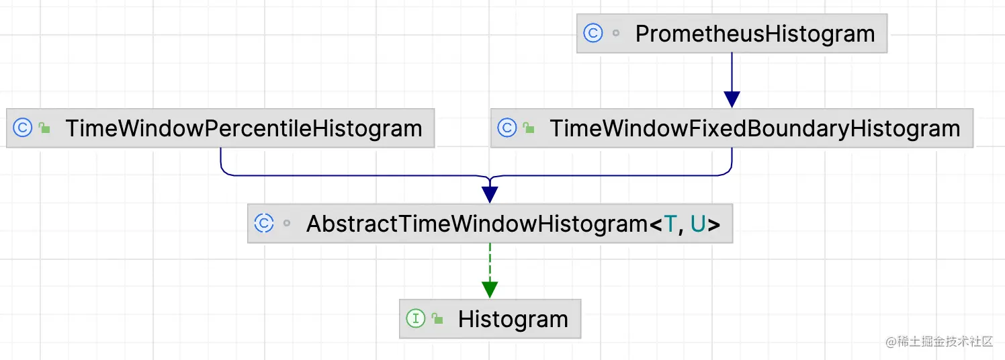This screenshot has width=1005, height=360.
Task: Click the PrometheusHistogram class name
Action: (x=755, y=34)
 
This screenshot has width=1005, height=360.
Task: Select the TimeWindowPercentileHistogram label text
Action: (x=244, y=128)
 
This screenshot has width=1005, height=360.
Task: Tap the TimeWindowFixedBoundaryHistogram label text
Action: (x=755, y=128)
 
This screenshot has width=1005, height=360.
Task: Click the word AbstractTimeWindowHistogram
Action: (x=476, y=224)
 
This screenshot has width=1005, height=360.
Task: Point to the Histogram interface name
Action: (x=513, y=319)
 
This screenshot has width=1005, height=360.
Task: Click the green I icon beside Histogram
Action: (x=416, y=319)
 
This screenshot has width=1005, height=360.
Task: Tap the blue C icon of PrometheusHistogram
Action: (x=593, y=34)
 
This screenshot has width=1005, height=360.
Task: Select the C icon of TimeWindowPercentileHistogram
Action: (x=23, y=128)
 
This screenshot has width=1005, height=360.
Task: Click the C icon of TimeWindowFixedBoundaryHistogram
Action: (x=507, y=128)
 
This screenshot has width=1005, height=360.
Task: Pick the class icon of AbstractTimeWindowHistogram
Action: (x=264, y=224)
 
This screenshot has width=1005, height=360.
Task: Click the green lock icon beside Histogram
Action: (x=438, y=319)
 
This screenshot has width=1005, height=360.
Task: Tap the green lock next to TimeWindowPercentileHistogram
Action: (x=45, y=128)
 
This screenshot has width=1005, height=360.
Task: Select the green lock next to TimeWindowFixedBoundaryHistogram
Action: (x=529, y=128)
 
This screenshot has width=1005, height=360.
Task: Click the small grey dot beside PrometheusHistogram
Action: (x=616, y=34)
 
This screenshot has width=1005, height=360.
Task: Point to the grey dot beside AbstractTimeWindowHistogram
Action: (x=287, y=224)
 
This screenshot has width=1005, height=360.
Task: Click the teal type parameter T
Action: (x=670, y=224)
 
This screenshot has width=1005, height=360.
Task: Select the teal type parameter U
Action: (x=699, y=224)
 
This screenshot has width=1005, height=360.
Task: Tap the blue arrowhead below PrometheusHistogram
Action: (x=732, y=99)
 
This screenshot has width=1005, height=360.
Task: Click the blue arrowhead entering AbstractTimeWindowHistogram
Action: (x=490, y=194)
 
